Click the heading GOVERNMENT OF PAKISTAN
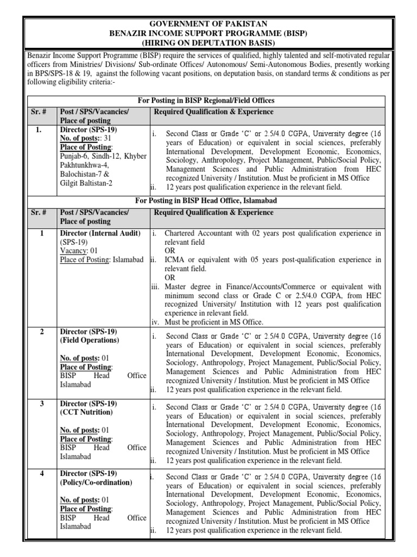[208, 24]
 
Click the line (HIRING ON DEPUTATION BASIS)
[208, 42]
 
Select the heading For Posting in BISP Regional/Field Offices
[208, 101]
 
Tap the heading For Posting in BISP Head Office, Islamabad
[208, 201]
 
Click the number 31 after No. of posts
[108, 139]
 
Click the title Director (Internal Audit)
[100, 233]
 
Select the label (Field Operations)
[89, 339]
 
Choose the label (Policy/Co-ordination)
[96, 482]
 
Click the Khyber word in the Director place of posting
[135, 156]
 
